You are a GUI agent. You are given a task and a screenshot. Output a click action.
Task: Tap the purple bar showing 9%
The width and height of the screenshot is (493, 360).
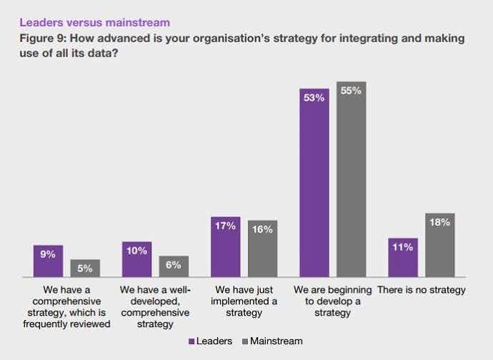click(49, 261)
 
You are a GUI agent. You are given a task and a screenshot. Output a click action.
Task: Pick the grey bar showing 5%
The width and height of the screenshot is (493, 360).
click(85, 268)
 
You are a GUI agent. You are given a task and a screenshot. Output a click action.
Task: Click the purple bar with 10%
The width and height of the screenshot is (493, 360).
click(137, 259)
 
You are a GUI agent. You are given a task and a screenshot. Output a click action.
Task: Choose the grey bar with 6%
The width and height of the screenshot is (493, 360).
click(174, 266)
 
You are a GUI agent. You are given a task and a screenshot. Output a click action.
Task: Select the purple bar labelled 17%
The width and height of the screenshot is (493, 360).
click(226, 246)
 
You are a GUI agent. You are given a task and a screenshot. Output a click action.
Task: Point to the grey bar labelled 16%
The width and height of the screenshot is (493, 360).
click(262, 249)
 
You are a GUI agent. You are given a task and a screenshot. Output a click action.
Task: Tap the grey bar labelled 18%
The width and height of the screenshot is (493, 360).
click(439, 245)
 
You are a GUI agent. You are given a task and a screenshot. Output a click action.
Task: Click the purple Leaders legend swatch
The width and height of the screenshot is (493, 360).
click(191, 341)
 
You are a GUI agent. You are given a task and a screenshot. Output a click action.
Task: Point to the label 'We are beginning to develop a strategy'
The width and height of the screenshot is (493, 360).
click(333, 301)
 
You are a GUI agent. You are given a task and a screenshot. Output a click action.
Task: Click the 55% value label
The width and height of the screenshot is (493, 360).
click(351, 91)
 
